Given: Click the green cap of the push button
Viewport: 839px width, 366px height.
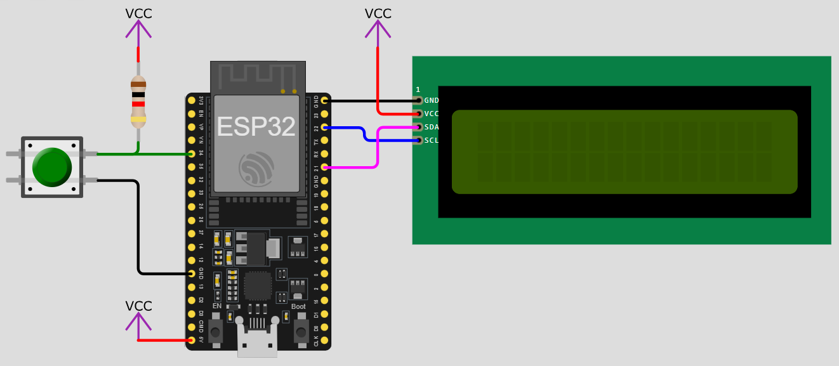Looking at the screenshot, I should tap(52, 167).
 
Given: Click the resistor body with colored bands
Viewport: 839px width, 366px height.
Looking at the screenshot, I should tap(138, 101).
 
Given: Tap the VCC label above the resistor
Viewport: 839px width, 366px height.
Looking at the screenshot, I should tap(138, 14).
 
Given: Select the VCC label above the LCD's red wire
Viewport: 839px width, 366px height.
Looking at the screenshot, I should tap(378, 14).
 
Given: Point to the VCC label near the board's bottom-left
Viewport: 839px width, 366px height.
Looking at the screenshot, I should tap(138, 306).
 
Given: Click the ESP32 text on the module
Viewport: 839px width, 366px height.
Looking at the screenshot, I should tap(256, 127).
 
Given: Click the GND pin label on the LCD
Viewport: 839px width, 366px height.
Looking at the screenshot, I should tap(432, 100).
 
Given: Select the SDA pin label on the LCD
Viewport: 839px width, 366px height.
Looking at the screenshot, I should tap(432, 127).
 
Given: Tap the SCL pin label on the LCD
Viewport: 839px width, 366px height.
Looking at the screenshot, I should tap(432, 140).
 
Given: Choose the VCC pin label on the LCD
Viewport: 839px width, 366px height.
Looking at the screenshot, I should tap(432, 114).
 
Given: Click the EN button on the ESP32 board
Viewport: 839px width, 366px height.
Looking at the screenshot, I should tap(216, 331).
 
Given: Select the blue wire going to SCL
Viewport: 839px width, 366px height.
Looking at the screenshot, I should tap(365, 133).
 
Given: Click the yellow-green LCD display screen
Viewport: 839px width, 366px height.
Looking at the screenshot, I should tap(624, 152).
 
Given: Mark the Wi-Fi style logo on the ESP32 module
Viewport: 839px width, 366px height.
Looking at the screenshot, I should tap(256, 169).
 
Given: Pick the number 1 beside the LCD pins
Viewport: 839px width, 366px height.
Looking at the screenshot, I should tap(418, 89).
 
